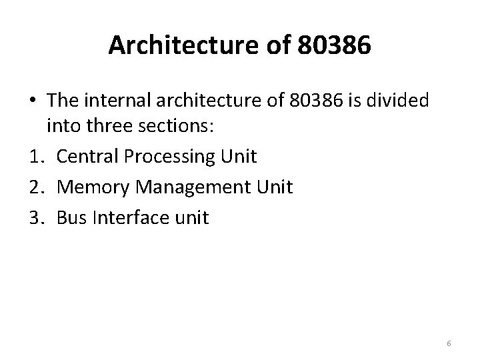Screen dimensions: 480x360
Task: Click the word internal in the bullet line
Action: [x=116, y=101]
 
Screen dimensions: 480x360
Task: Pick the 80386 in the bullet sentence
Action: [x=310, y=101]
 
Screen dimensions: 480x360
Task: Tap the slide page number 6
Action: [x=449, y=343]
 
